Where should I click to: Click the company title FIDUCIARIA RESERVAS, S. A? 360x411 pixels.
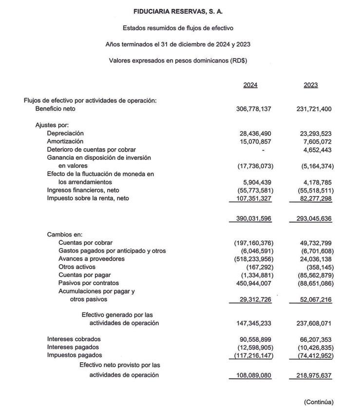click(178, 11)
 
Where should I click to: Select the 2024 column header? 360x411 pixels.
click(250, 85)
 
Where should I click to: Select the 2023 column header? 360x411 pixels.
click(310, 85)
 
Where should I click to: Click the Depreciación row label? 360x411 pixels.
click(65, 133)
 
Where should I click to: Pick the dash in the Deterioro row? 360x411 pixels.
click(263, 150)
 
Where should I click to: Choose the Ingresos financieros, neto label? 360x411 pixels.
click(83, 190)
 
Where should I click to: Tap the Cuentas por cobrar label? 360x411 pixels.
click(85, 242)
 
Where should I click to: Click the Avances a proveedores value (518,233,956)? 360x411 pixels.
click(254, 259)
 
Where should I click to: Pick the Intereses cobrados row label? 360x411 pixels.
click(74, 339)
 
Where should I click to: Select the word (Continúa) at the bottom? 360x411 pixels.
click(319, 402)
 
